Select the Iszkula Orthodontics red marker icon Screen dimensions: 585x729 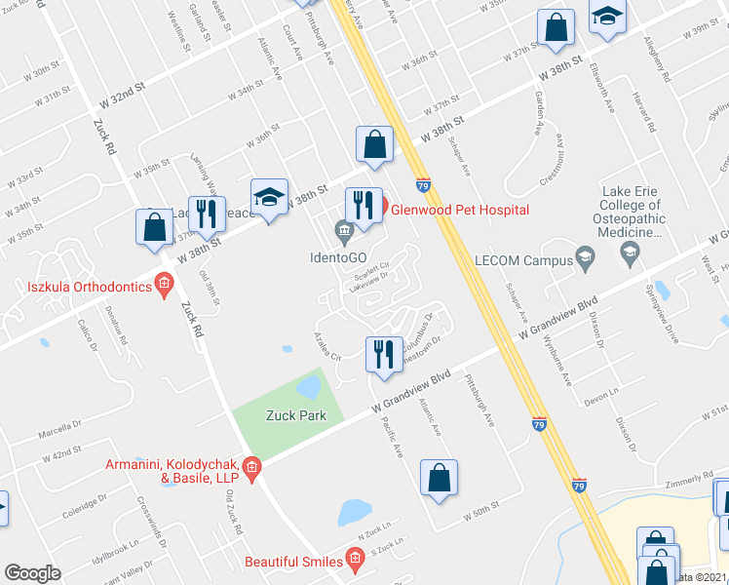pyautogui.click(x=164, y=287)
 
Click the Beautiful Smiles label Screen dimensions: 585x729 pyautogui.click(x=293, y=562)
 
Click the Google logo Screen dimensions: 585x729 pyautogui.click(x=32, y=573)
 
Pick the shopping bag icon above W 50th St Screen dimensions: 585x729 pyautogui.click(x=439, y=478)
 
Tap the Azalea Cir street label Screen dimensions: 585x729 pyautogui.click(x=326, y=350)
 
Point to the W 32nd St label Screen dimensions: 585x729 pyautogui.click(x=122, y=95)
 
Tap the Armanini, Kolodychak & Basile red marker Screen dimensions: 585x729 pyautogui.click(x=251, y=470)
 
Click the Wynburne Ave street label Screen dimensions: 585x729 pyautogui.click(x=556, y=362)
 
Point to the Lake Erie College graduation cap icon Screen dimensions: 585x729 pyautogui.click(x=629, y=256)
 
